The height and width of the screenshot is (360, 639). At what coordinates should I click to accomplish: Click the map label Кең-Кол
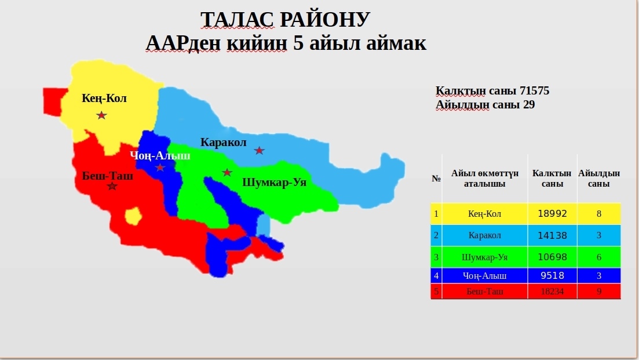tap(104, 98)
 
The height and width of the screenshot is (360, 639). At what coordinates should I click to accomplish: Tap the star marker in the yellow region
tap(101, 115)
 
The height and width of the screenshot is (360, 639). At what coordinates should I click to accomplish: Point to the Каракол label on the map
tap(223, 142)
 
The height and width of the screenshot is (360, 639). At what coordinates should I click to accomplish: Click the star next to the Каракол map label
tap(259, 151)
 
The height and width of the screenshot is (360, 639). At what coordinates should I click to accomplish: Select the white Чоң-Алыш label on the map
tap(160, 156)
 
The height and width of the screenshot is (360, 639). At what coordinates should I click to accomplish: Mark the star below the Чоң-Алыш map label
tap(160, 167)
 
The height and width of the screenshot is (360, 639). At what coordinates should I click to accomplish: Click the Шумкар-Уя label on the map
tap(274, 182)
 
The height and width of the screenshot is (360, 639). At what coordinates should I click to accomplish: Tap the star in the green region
tap(227, 172)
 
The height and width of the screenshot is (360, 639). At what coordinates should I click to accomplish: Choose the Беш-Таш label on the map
tap(108, 176)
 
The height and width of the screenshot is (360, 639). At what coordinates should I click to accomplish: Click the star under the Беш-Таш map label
tap(112, 186)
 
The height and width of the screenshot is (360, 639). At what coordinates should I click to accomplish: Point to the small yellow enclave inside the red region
tap(133, 216)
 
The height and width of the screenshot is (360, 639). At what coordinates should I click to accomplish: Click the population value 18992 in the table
tap(552, 214)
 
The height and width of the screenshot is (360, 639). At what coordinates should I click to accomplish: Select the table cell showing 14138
tap(552, 235)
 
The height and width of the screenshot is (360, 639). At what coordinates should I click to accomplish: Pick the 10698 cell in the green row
tap(552, 257)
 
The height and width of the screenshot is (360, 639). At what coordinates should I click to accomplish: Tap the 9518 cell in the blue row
tap(552, 275)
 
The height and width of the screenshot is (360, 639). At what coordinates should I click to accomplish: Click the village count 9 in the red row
tap(598, 291)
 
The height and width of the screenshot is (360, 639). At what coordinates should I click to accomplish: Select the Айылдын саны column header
tap(598, 178)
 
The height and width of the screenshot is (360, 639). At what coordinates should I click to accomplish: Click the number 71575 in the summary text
tap(534, 90)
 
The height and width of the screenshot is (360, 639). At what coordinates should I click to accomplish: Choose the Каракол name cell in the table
tap(484, 235)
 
